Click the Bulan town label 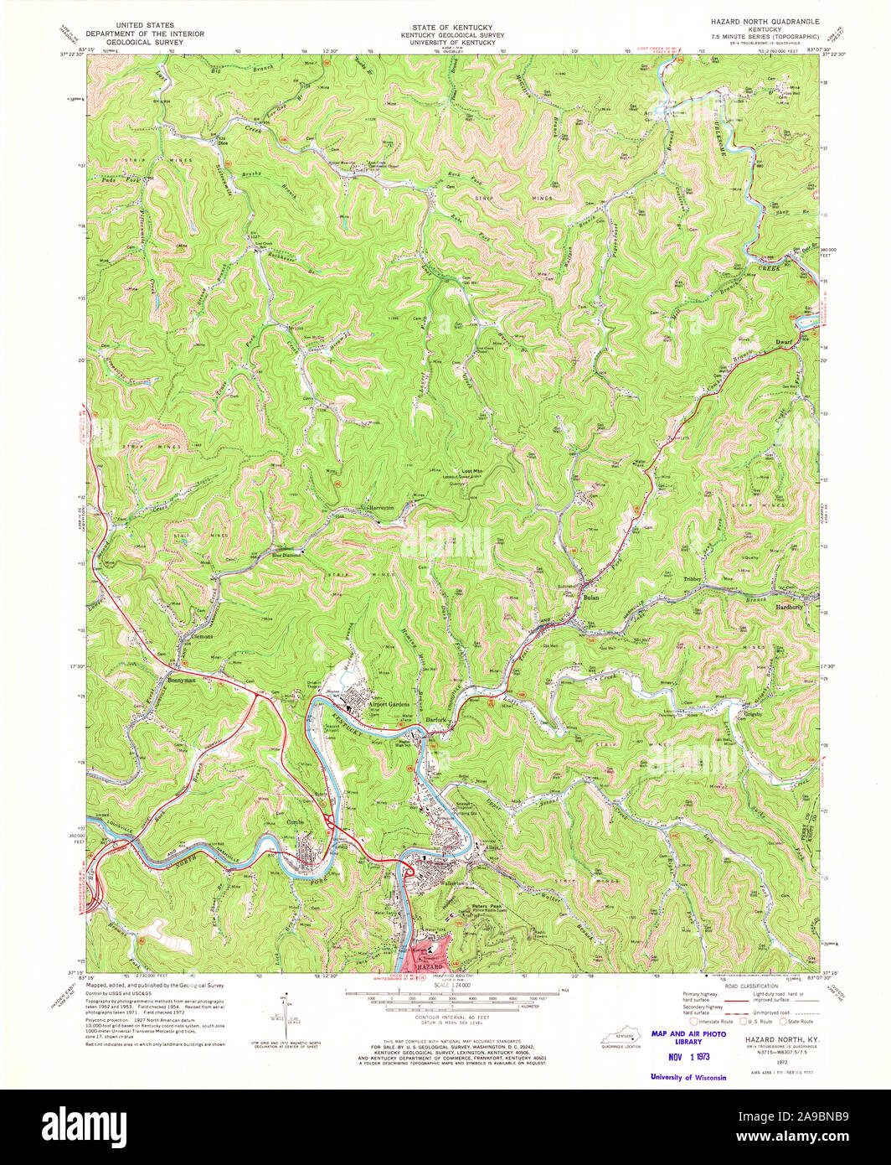click(x=593, y=598)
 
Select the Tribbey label click(x=696, y=579)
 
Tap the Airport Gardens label click(x=389, y=705)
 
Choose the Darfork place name click(x=434, y=719)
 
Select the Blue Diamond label click(x=286, y=555)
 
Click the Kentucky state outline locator click(x=621, y=1039)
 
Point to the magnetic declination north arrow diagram click(x=287, y=1012)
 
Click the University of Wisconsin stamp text click(x=688, y=1077)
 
